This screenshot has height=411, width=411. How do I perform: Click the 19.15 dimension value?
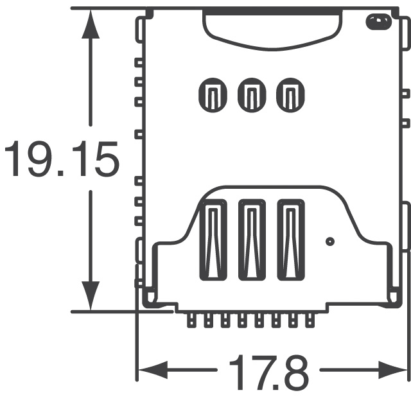62,161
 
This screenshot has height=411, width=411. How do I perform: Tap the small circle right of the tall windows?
330,242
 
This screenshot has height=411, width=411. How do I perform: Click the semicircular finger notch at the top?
271,29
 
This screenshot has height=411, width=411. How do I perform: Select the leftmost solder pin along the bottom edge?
191,320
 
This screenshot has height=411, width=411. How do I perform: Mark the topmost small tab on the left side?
138,63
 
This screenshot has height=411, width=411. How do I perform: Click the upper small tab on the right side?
405,93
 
